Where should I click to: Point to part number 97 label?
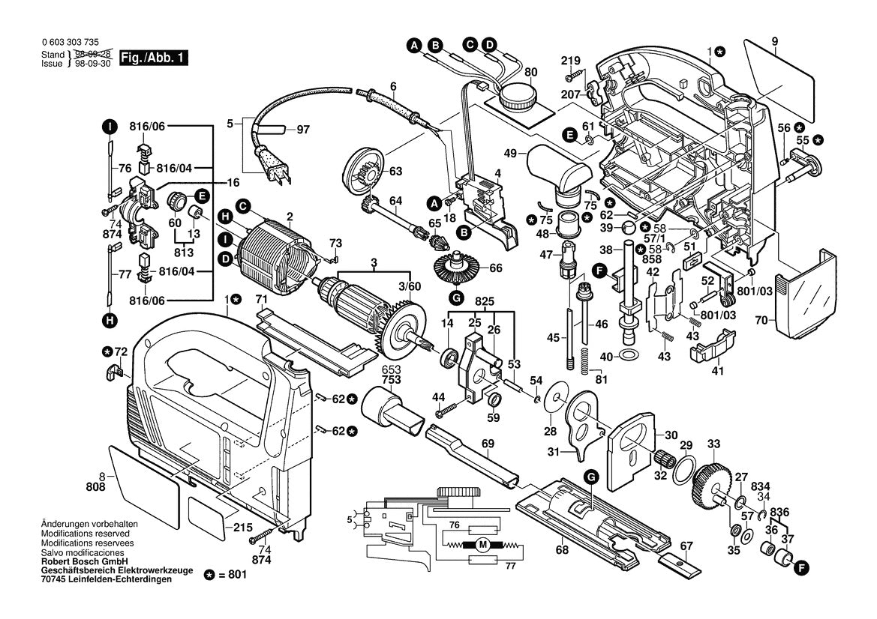tap(302, 130)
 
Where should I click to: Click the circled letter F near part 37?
tap(801, 569)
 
